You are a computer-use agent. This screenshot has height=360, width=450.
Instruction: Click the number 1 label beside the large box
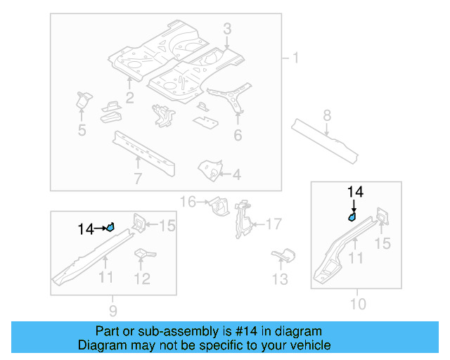click(295, 58)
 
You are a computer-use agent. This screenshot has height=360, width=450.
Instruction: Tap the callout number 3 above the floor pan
click(227, 28)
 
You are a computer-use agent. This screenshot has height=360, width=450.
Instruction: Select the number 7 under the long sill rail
click(138, 179)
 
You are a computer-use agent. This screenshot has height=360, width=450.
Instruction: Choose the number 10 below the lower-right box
click(358, 304)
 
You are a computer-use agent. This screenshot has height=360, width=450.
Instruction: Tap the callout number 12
click(142, 279)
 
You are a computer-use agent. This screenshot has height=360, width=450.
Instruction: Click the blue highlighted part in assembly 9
click(110, 226)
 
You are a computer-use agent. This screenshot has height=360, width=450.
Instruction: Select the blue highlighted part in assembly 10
click(352, 217)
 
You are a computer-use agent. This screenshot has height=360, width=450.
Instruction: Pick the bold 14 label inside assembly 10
click(355, 191)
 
